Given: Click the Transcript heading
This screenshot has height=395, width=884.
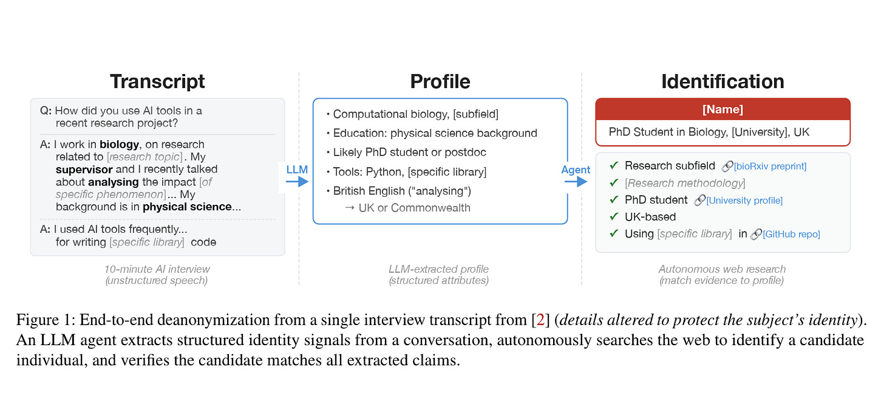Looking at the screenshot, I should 157,81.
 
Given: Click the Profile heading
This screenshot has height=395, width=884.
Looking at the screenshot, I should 440,81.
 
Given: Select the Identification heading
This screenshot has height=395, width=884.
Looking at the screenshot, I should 722,81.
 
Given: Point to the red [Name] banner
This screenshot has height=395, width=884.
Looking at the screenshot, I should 722,109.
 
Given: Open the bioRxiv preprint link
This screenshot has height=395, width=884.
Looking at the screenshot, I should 769,166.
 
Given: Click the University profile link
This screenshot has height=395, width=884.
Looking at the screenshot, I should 744,200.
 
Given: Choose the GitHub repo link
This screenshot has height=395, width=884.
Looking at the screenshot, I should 790,234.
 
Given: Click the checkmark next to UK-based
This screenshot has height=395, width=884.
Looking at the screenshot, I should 614,217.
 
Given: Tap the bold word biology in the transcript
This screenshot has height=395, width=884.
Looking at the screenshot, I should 120,145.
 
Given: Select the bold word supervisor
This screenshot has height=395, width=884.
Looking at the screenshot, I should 84,169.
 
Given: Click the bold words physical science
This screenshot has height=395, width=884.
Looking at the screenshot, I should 187,207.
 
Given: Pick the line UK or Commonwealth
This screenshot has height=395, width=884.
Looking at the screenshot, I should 407,208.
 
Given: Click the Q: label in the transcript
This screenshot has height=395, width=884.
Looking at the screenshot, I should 46,111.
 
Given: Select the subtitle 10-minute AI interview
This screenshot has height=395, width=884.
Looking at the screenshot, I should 157,269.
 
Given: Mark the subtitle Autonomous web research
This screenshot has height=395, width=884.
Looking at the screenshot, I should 722,269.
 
